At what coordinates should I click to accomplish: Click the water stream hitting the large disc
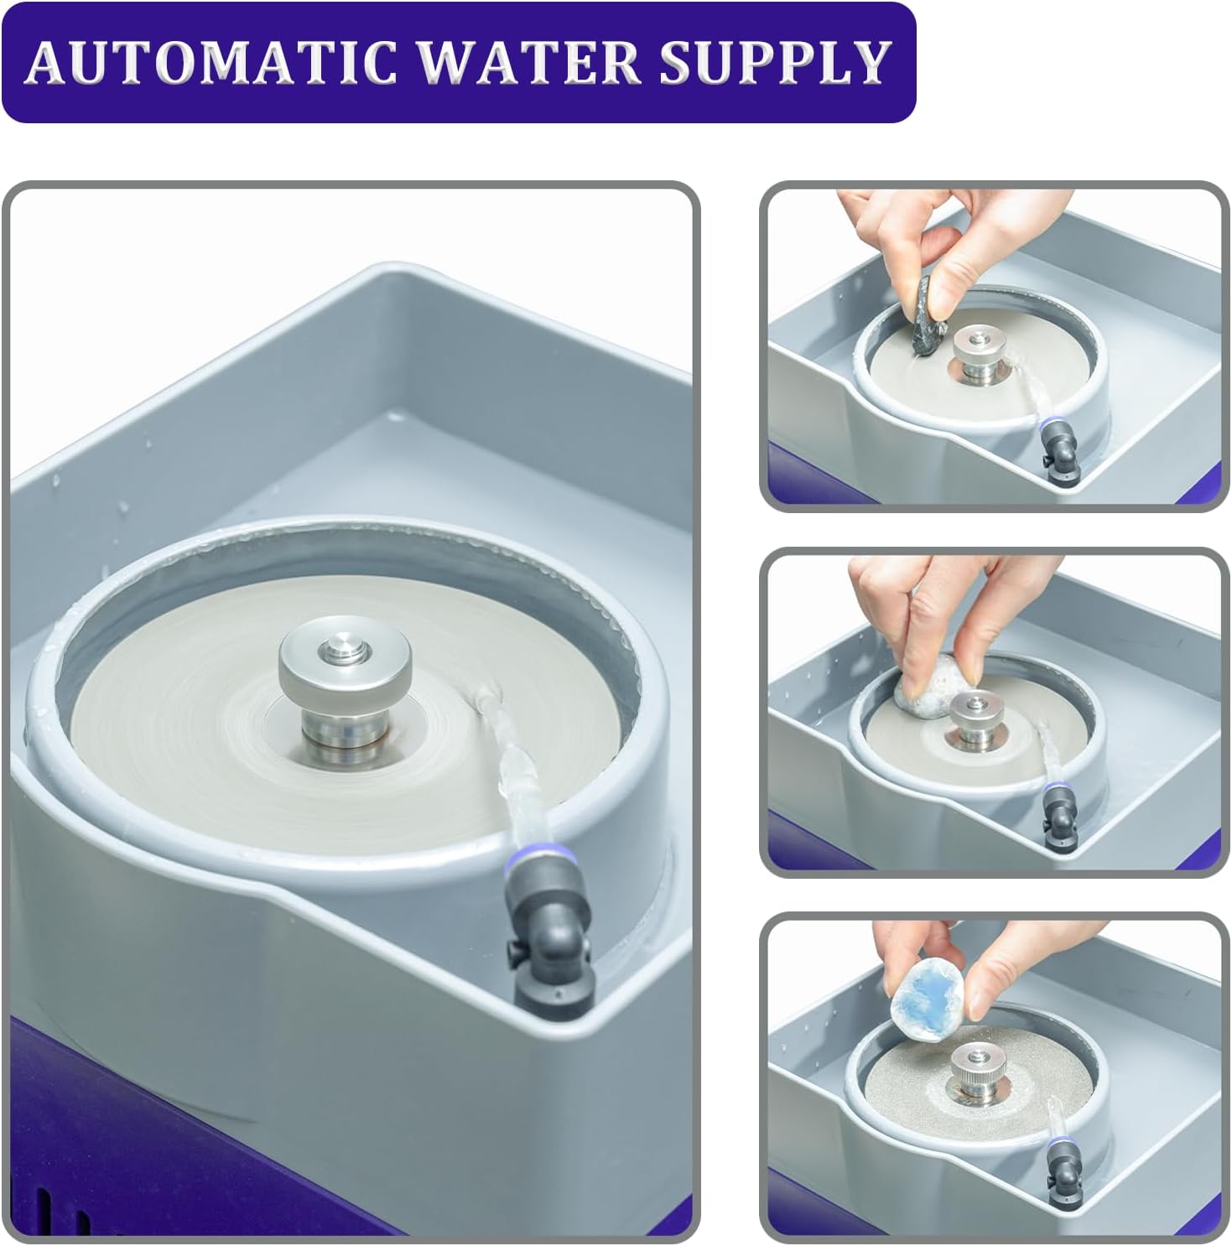click(503, 738)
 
